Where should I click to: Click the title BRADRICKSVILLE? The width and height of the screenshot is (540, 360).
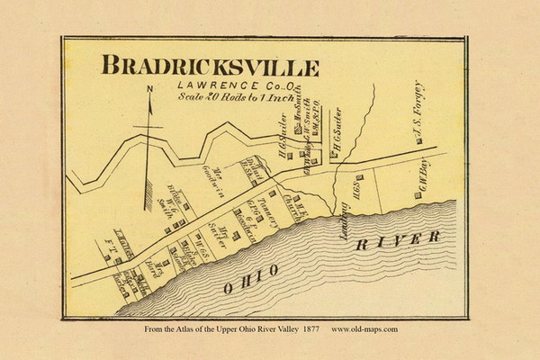pyautogui.click(x=210, y=67)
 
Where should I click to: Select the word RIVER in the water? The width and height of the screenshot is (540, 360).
pyautogui.click(x=397, y=242)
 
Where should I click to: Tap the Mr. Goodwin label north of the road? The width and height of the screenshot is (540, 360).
pyautogui.click(x=221, y=184)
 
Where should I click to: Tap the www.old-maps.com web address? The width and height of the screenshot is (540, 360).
pyautogui.click(x=364, y=329)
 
